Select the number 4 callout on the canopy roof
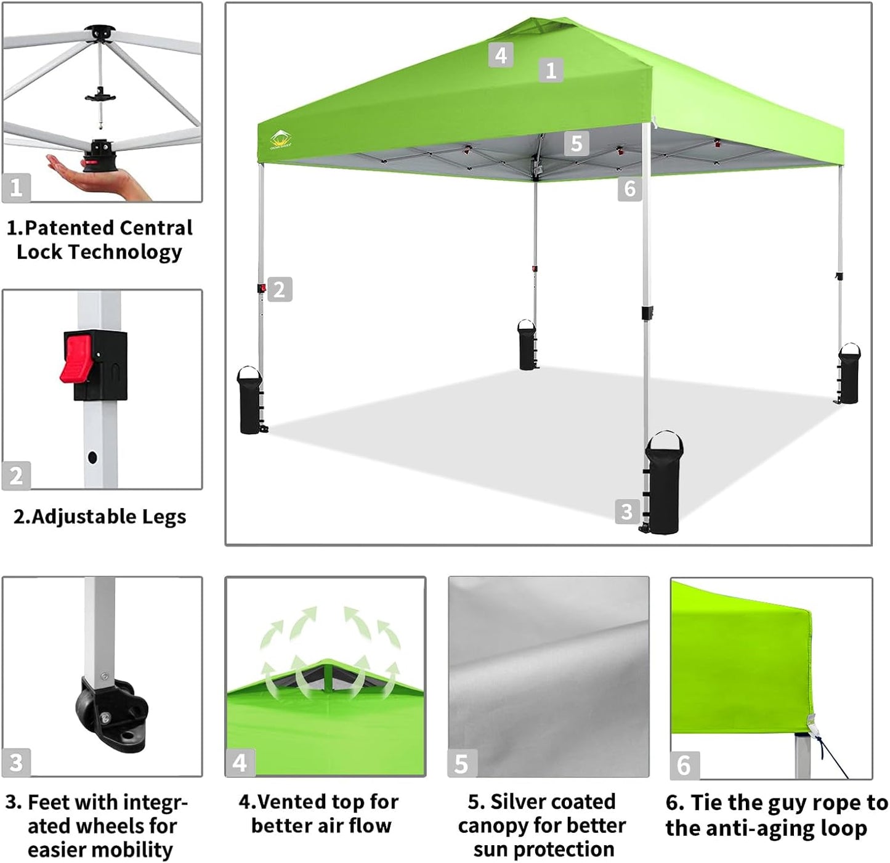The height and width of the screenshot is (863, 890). point(501,55)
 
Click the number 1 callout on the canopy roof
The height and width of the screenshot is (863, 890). point(551,70)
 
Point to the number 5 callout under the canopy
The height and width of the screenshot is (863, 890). point(576,144)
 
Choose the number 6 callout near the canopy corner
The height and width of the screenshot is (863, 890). point(629,188)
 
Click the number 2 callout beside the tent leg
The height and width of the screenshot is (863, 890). point(279,290)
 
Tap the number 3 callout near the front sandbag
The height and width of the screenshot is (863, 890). point(626,511)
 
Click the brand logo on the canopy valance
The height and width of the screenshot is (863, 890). point(281,140)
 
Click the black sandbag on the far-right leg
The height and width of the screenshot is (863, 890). point(849,375)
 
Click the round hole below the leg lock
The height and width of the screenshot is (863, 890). point(92,458)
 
